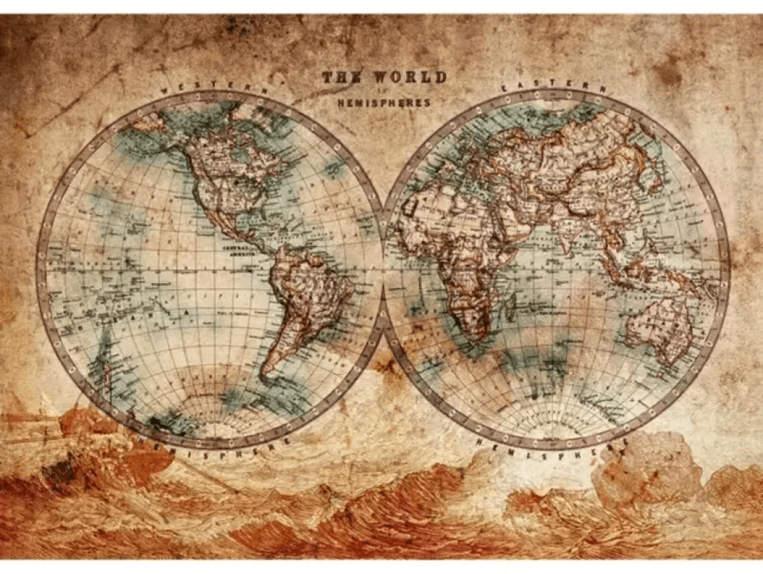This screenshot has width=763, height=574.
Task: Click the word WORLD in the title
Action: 409,77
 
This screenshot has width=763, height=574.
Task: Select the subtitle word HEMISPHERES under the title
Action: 384,102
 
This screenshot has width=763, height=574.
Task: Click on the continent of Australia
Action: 659,327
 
